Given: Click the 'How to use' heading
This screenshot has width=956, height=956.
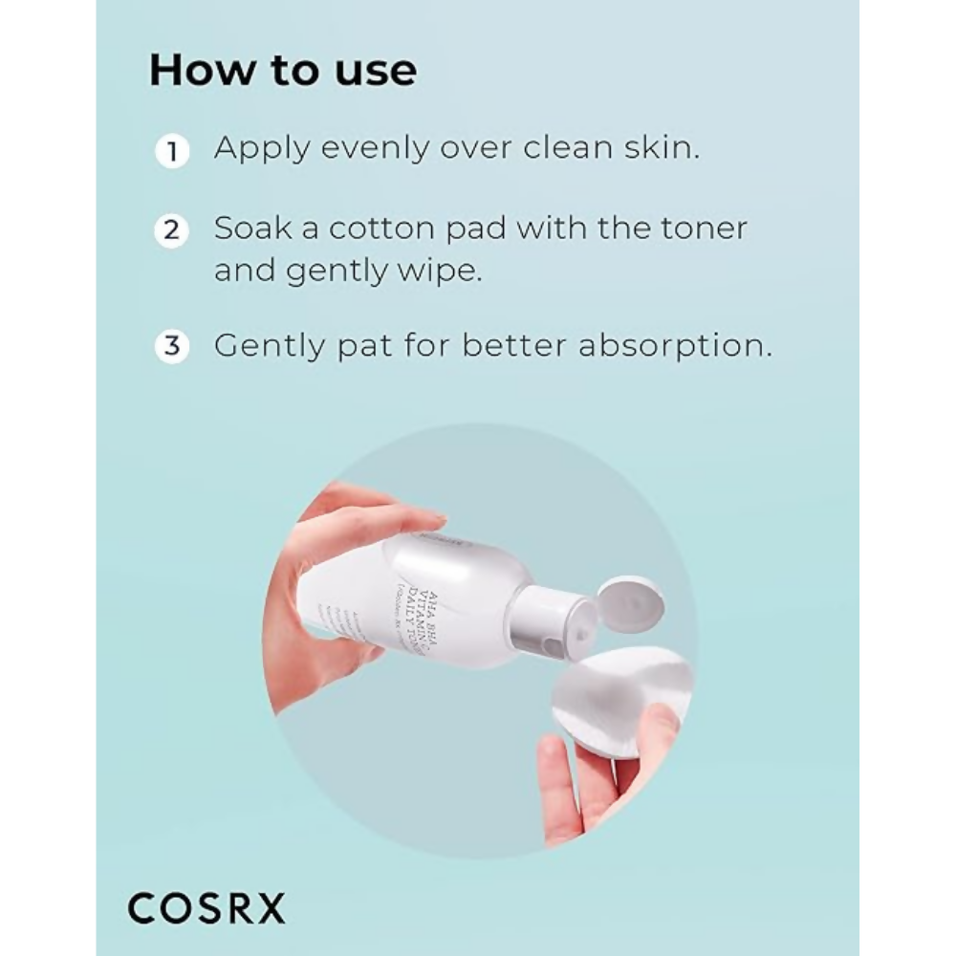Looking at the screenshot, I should click(282, 72).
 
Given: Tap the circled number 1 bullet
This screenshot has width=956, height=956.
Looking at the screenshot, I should click(172, 151).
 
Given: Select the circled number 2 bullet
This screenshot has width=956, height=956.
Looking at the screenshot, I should click(172, 231).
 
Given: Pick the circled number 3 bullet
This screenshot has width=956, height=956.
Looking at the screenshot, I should click(172, 345).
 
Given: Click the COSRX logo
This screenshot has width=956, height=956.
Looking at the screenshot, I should click(206, 908).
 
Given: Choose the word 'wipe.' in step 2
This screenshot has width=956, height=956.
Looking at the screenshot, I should click(435, 272).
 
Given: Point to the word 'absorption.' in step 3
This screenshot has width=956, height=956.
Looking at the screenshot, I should click(675, 346).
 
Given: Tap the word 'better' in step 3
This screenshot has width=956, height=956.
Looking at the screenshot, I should click(516, 344).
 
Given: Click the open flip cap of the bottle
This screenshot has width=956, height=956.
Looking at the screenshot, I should click(632, 602).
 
